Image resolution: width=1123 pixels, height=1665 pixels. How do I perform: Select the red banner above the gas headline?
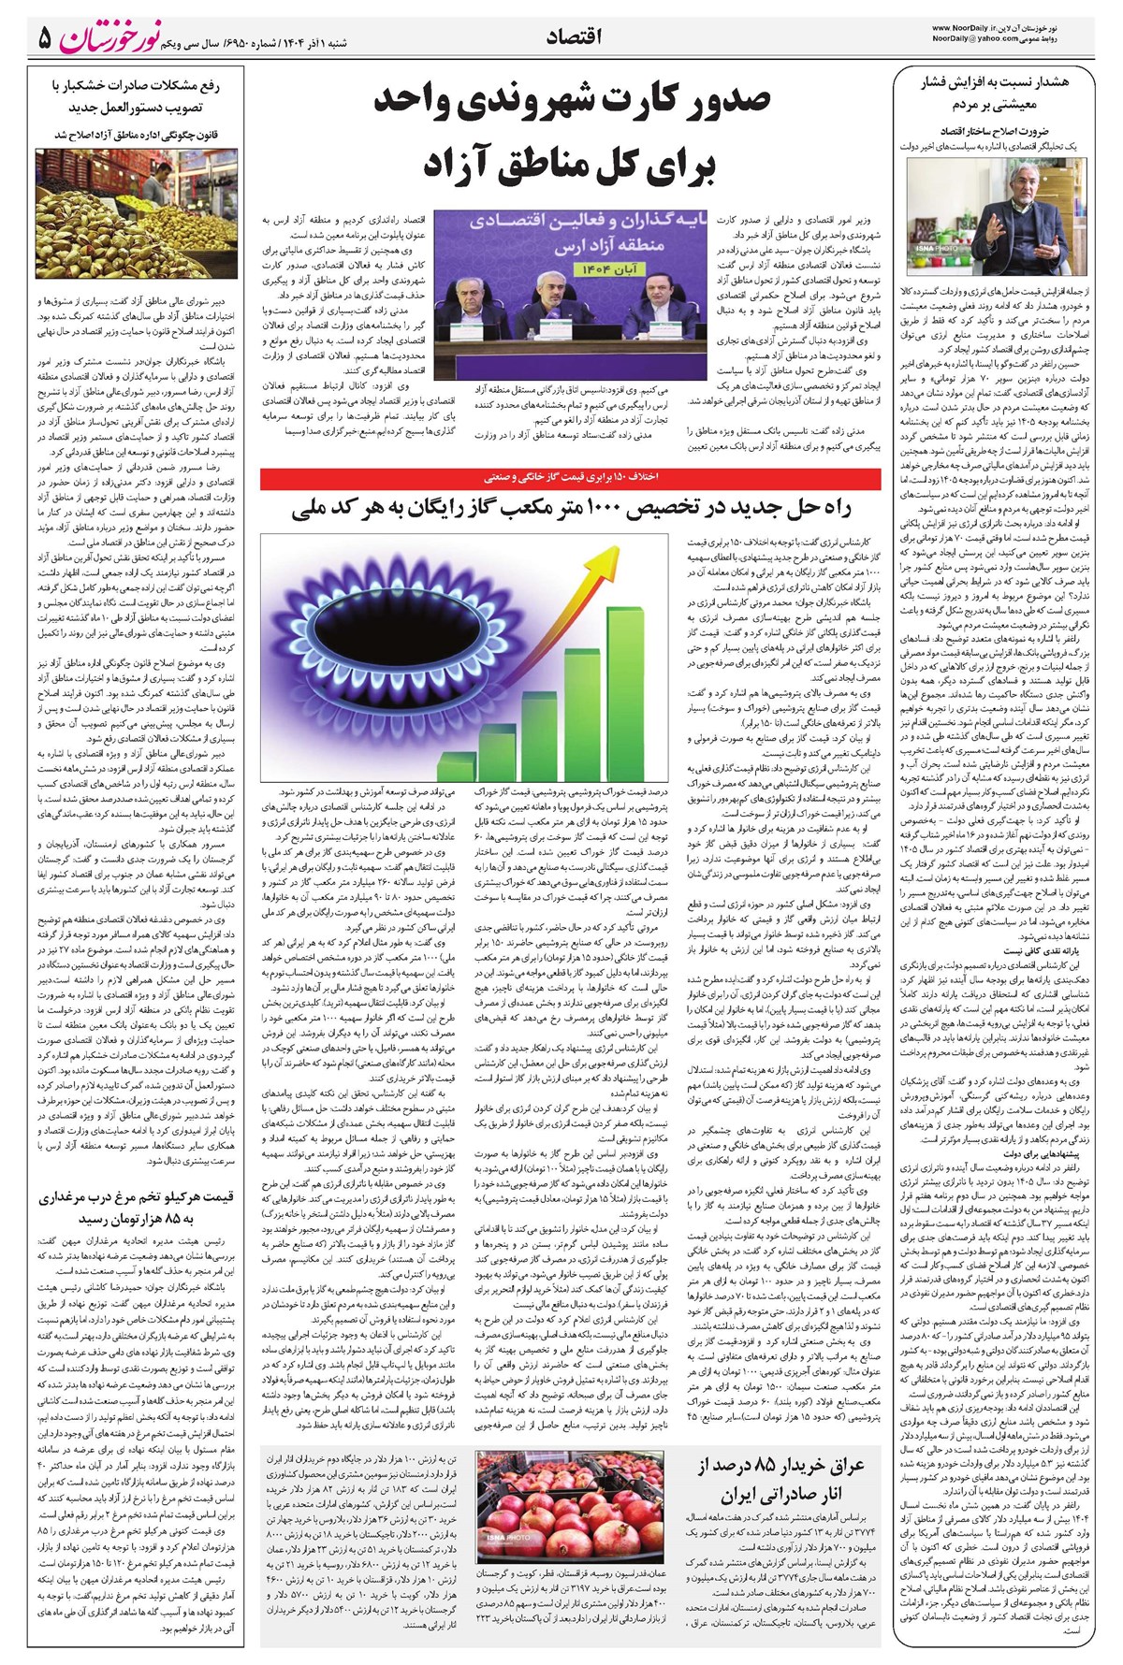click(570, 477)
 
